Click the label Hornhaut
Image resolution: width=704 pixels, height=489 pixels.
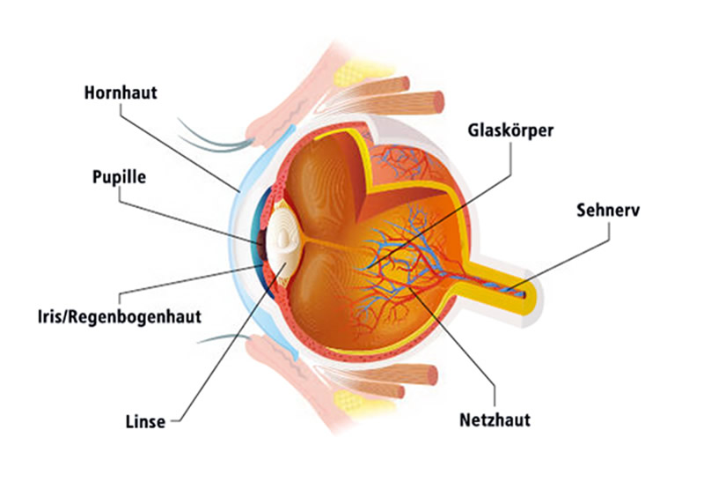tap(121, 92)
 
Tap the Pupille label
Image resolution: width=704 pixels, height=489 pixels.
tap(119, 176)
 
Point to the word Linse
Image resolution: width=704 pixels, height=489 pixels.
tap(146, 421)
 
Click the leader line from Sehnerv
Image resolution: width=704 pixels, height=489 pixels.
tap(572, 256)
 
